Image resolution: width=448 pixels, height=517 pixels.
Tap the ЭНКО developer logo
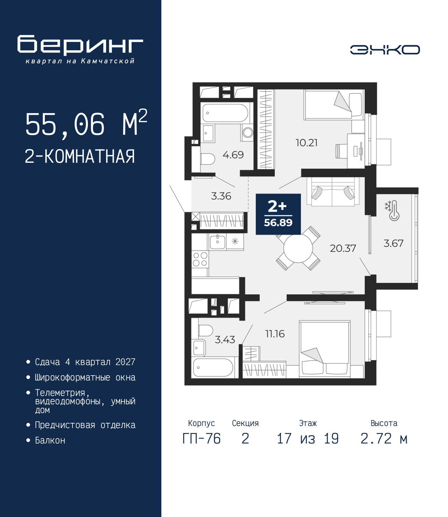(385, 50)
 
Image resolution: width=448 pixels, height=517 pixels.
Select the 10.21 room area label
(306, 143)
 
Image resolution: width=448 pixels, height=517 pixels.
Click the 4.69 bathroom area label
(233, 155)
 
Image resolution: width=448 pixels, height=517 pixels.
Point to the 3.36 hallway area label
(221, 196)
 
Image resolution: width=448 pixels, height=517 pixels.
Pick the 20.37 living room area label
(343, 249)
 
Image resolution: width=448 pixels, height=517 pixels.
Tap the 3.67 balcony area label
(393, 243)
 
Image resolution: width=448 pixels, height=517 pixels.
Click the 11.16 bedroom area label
(275, 334)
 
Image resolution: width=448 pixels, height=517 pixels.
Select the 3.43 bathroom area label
(225, 340)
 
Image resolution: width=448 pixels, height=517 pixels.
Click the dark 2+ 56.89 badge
(278, 214)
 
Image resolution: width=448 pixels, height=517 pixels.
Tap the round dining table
(298, 249)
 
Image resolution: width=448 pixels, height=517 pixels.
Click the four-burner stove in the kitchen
(200, 259)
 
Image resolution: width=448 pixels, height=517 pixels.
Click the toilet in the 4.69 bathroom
(208, 159)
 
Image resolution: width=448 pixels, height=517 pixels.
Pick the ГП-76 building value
(201, 439)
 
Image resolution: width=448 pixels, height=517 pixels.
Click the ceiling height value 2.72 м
(384, 439)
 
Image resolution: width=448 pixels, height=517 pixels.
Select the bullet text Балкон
(50, 440)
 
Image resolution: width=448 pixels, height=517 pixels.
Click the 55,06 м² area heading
(86, 123)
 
